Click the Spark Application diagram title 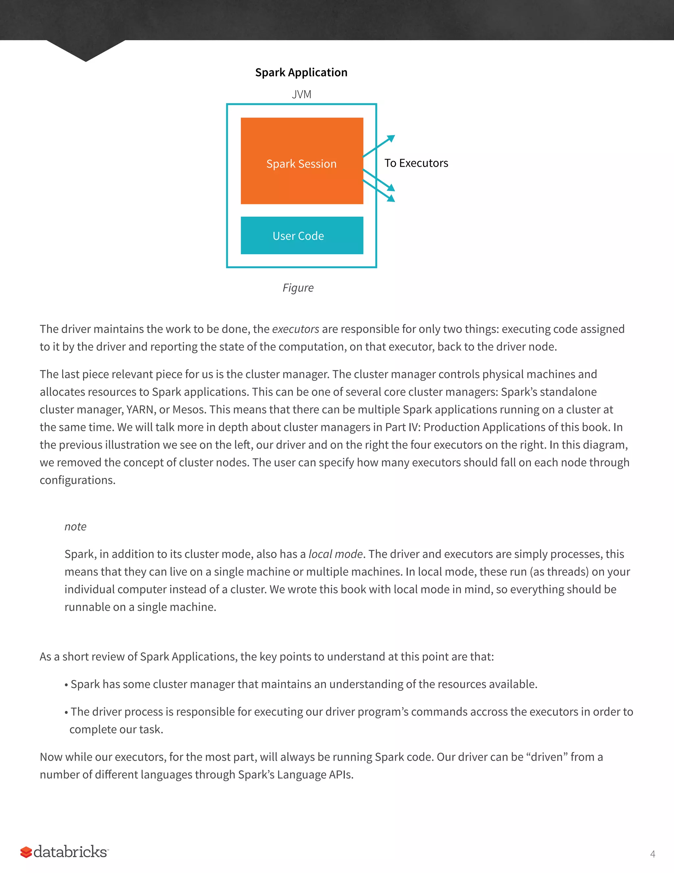click(301, 72)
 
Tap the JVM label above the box click(301, 94)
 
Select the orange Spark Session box click(301, 161)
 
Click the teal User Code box click(301, 236)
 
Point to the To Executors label click(416, 163)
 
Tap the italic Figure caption click(298, 288)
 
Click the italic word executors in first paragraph click(296, 329)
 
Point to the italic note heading click(75, 526)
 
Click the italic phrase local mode click(335, 554)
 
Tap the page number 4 click(652, 854)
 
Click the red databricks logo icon click(26, 852)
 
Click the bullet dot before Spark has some click(66, 685)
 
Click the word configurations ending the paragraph click(77, 480)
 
